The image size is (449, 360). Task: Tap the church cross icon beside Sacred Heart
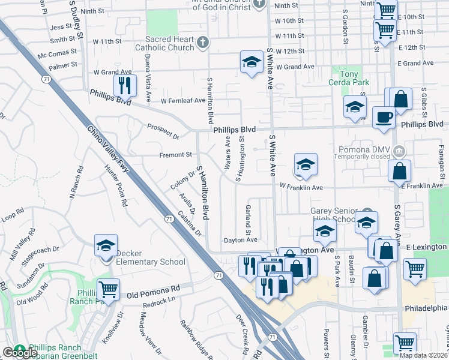(203, 42)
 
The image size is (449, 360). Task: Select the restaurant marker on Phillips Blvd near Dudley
(125, 85)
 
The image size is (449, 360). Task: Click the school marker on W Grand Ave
(252, 61)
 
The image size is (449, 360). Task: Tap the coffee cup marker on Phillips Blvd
(384, 116)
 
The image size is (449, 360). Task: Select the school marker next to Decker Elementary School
(106, 246)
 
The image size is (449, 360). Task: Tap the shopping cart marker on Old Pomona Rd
(108, 290)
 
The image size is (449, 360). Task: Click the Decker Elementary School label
(151, 257)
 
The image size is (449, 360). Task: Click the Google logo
(19, 353)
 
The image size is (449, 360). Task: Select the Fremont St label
(175, 155)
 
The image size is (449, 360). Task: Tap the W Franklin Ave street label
(301, 188)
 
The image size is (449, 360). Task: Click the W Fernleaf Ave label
(182, 100)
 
